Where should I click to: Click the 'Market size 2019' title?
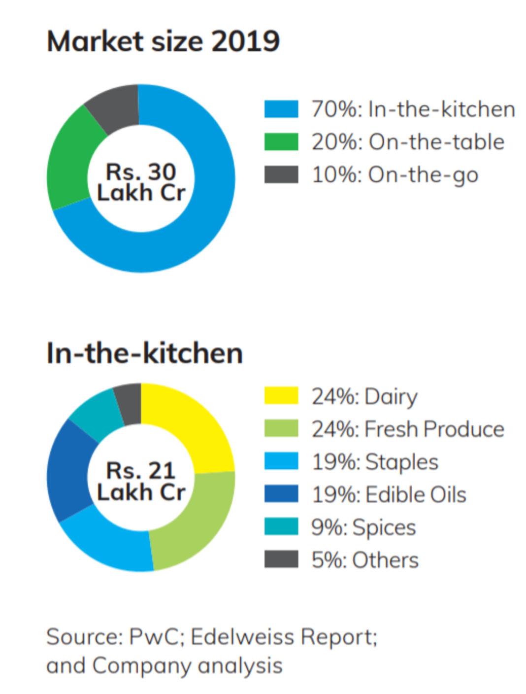pyautogui.click(x=163, y=41)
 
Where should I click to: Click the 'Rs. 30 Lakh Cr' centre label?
pyautogui.click(x=141, y=182)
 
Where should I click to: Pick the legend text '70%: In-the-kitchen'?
pyautogui.click(x=413, y=109)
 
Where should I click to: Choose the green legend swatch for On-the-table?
pyautogui.click(x=281, y=142)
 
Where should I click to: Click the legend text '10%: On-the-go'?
pyautogui.click(x=395, y=175)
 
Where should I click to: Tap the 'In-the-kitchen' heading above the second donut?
pyautogui.click(x=145, y=353)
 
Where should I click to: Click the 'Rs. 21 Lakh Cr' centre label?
pyautogui.click(x=141, y=482)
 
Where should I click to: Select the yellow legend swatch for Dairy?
pyautogui.click(x=281, y=395)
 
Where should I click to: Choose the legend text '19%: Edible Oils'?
pyautogui.click(x=389, y=494)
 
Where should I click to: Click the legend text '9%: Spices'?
pyautogui.click(x=363, y=527)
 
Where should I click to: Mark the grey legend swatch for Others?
pyautogui.click(x=281, y=559)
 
